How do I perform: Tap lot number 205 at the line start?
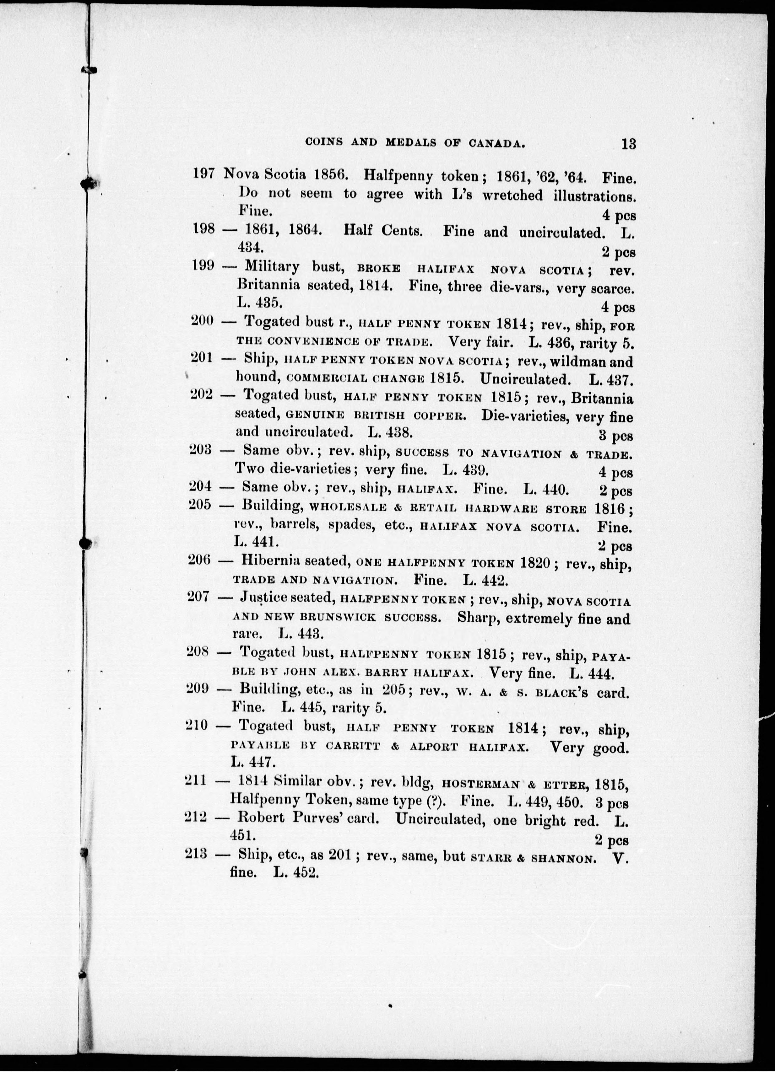[200, 504]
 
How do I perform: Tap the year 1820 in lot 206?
[535, 562]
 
